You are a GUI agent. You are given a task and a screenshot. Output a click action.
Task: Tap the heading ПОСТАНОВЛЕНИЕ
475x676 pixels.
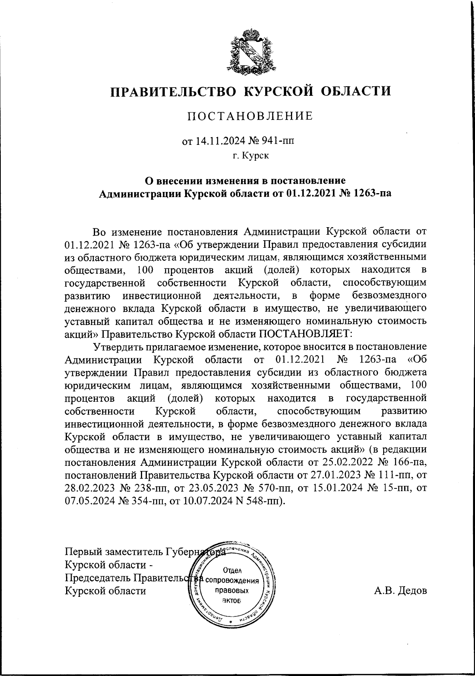(250, 116)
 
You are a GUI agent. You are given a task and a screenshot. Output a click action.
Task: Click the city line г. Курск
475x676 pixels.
(251, 156)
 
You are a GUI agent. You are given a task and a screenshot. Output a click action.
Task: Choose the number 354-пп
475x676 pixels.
(142, 501)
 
